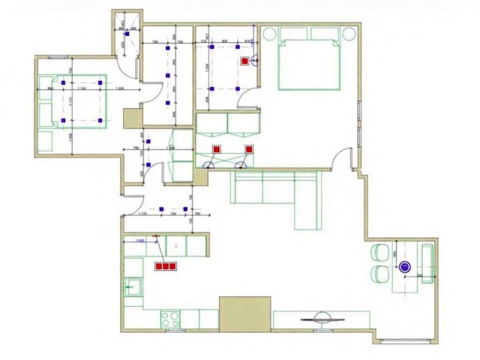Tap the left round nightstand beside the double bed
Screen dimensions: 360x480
click(x=269, y=33)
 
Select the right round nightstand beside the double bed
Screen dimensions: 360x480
click(x=349, y=33)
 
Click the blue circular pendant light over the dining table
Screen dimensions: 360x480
click(x=406, y=266)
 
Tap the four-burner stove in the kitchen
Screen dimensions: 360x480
click(x=169, y=319)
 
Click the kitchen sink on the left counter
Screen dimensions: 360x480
click(x=134, y=286)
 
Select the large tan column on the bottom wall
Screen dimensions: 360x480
click(x=244, y=313)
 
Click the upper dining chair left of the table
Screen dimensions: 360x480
click(x=379, y=253)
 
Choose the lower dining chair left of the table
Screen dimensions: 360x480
click(x=379, y=275)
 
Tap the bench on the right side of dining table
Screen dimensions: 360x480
click(x=428, y=263)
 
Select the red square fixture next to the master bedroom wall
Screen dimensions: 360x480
click(x=244, y=61)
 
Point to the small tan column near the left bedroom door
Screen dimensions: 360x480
click(x=133, y=118)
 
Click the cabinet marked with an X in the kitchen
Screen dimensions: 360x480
click(x=176, y=245)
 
